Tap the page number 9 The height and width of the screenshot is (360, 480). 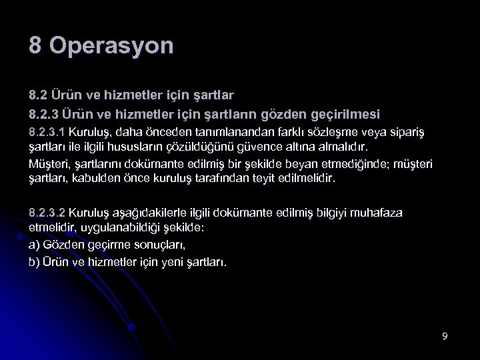(444, 335)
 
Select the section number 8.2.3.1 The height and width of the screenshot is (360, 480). (51, 133)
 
